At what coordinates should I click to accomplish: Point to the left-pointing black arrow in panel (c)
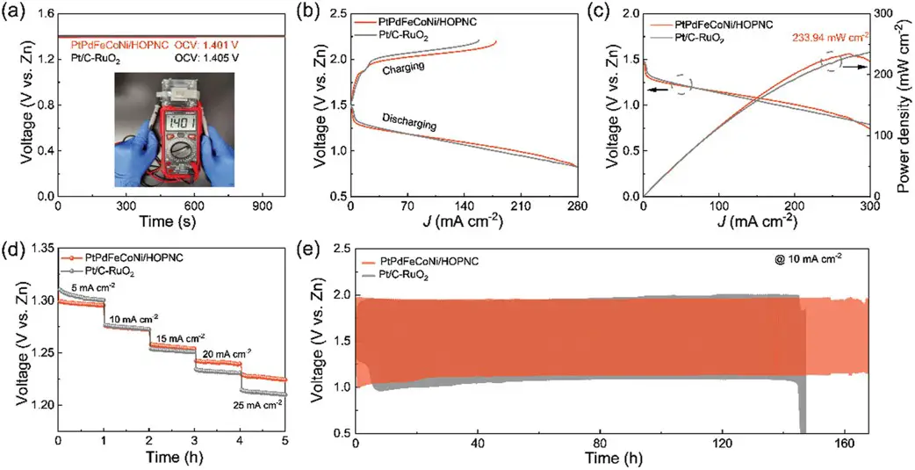click(654, 89)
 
